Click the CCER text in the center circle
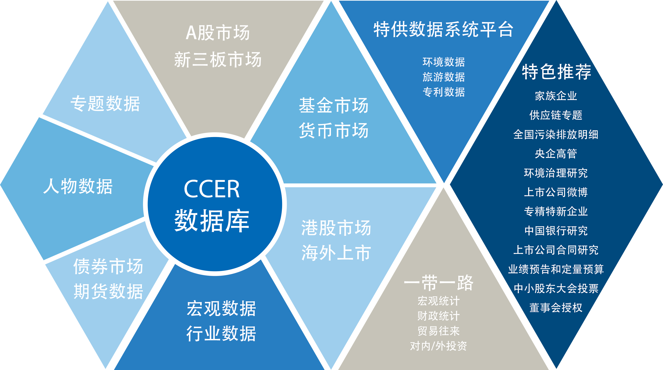(212, 189)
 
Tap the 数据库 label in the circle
(212, 221)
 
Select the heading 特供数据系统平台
(444, 29)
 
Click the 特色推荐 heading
(557, 72)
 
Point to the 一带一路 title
(439, 282)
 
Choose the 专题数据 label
(105, 104)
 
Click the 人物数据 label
(78, 186)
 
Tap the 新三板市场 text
(218, 59)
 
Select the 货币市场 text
(334, 131)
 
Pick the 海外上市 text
(336, 253)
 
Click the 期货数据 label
(108, 291)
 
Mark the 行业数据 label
(221, 333)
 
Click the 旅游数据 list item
(444, 77)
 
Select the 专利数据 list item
(444, 92)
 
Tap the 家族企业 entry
(556, 96)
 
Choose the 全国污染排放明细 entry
(556, 134)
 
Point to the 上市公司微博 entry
(556, 192)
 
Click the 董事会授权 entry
(556, 307)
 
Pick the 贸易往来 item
(439, 331)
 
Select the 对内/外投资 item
(439, 346)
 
